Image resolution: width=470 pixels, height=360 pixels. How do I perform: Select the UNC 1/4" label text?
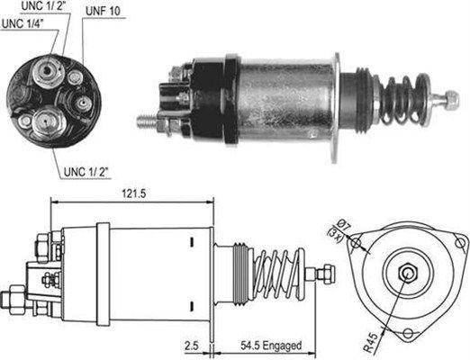click(24, 23)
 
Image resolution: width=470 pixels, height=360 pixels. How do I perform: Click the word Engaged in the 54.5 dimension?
click(281, 345)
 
